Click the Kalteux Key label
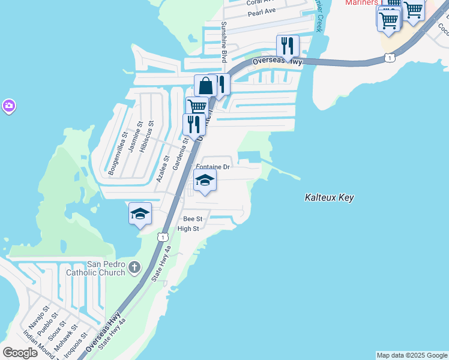pyautogui.click(x=329, y=197)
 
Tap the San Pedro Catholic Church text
pyautogui.click(x=106, y=268)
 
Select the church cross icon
pyautogui.click(x=134, y=266)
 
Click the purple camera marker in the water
pyautogui.click(x=8, y=107)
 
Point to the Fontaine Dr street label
pyautogui.click(x=213, y=167)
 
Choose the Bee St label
pyautogui.click(x=193, y=219)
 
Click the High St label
pyautogui.click(x=188, y=229)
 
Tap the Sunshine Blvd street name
pyautogui.click(x=224, y=42)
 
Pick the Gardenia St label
pyautogui.click(x=178, y=154)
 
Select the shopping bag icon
pyautogui.click(x=205, y=85)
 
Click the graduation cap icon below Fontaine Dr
pyautogui.click(x=205, y=180)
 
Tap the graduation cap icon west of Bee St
pyautogui.click(x=140, y=213)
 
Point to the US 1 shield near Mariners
pyautogui.click(x=390, y=58)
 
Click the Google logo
pyautogui.click(x=20, y=353)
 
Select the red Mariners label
pyautogui.click(x=361, y=2)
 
